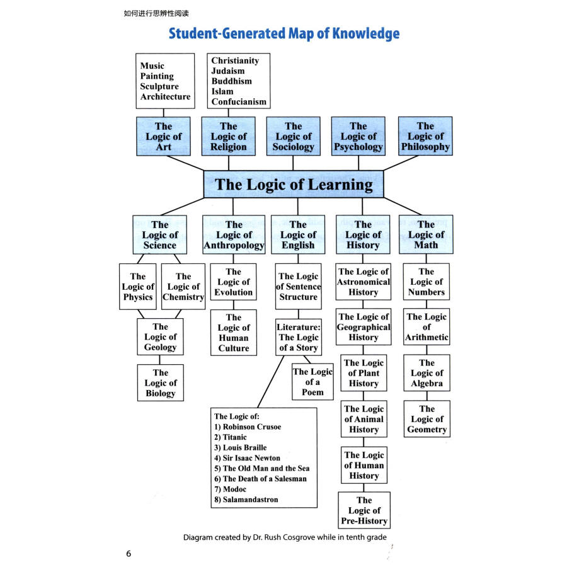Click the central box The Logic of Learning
(294, 185)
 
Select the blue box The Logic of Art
(163, 137)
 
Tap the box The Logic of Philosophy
(425, 137)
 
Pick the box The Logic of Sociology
(293, 137)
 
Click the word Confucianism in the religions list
(239, 101)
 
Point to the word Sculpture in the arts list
(159, 86)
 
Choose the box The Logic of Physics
(138, 287)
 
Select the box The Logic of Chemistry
(183, 287)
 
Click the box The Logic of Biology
(161, 383)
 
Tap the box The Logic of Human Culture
(234, 333)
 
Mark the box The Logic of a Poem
(312, 382)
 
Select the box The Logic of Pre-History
(364, 510)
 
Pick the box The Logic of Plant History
(364, 373)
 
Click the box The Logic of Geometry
(427, 419)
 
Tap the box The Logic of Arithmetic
(427, 327)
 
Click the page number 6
(129, 554)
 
